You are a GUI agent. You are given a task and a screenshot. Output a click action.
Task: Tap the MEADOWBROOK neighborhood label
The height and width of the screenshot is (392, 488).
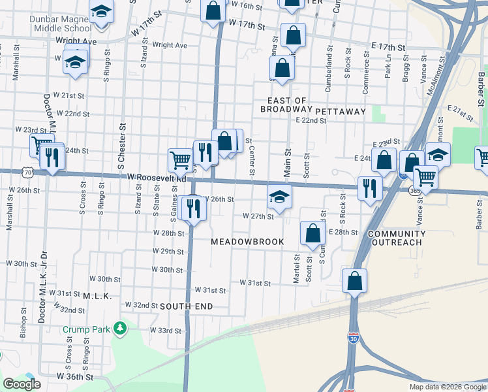point(247,242)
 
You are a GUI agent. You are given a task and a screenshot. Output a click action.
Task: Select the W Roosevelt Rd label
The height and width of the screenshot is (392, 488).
point(157,177)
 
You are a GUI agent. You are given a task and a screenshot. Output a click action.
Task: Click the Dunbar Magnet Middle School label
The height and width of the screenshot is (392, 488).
point(60,24)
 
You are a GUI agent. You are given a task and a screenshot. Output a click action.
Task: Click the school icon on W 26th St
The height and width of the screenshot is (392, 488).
point(279,197)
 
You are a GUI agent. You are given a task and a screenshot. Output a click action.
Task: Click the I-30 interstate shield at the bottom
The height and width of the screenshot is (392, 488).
point(353,378)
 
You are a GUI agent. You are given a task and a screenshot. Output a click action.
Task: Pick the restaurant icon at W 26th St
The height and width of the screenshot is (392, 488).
point(194,208)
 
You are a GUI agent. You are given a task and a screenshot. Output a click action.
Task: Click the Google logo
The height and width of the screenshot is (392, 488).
point(22,384)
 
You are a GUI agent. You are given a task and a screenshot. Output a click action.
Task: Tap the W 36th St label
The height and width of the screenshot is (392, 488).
point(75,377)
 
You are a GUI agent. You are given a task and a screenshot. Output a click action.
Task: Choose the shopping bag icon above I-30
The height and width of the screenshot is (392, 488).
point(354,282)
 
